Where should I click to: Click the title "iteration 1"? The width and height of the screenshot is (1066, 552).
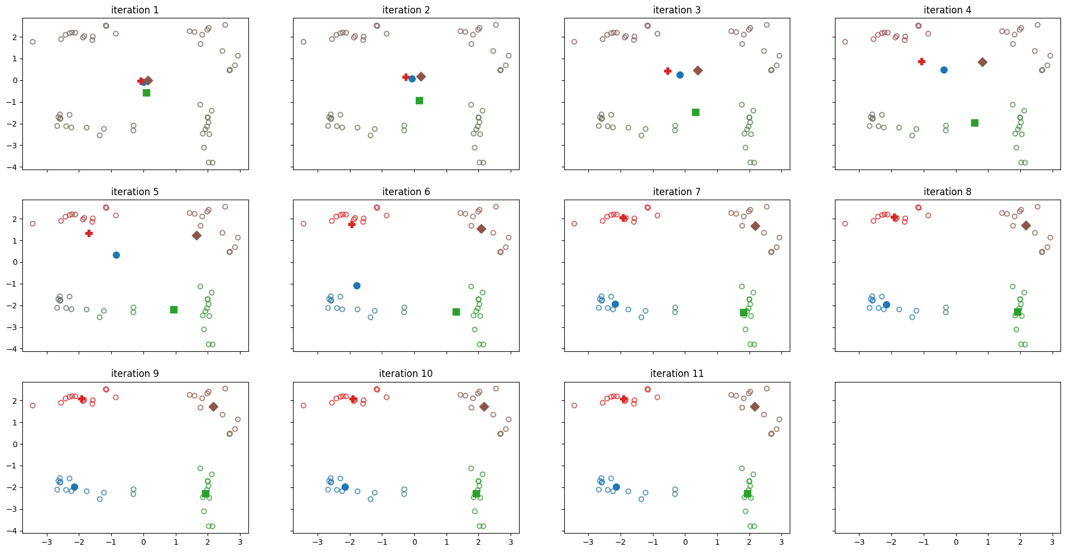(x=135, y=10)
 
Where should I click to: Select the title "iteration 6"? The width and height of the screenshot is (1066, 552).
(x=406, y=192)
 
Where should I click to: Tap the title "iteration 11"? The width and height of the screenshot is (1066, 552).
(x=676, y=374)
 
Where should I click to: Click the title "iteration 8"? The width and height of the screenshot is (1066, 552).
(x=947, y=192)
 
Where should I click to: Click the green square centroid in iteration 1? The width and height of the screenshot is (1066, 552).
(x=146, y=93)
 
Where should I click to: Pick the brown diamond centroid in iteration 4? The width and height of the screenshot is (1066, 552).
(x=982, y=62)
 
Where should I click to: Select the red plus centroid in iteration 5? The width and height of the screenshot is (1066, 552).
(x=89, y=233)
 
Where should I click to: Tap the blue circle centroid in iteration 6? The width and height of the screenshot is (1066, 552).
(x=357, y=285)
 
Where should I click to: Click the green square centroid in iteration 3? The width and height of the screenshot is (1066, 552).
(x=695, y=112)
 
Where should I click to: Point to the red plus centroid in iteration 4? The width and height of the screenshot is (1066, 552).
(x=921, y=61)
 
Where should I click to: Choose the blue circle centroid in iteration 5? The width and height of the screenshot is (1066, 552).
(x=116, y=255)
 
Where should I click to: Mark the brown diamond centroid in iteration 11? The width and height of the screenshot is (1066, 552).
(x=755, y=407)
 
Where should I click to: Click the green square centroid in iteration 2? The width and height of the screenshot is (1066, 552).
(x=419, y=100)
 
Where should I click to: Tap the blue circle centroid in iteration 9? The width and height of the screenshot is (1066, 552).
(x=74, y=487)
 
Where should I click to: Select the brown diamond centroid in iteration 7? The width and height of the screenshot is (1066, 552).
(x=755, y=226)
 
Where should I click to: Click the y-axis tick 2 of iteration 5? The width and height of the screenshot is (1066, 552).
(x=15, y=219)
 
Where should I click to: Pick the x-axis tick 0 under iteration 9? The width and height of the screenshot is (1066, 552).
(x=143, y=543)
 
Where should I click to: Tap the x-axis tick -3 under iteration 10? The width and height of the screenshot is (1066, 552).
(x=318, y=543)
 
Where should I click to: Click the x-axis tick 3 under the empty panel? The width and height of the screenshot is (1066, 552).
(x=1052, y=543)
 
